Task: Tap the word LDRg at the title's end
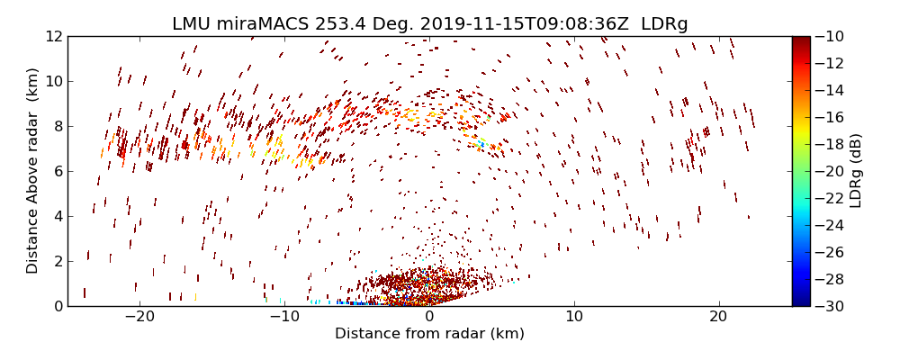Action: (664, 24)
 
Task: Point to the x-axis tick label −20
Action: (139, 317)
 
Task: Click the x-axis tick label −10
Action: (283, 317)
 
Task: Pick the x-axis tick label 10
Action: (574, 317)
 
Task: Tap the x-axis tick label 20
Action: (718, 317)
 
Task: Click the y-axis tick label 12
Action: (53, 36)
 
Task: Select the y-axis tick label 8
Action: (57, 126)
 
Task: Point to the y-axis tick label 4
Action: (57, 216)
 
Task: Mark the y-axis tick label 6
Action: (57, 171)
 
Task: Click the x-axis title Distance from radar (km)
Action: (429, 334)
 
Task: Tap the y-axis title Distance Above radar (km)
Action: (32, 170)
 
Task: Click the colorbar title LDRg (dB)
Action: (856, 170)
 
